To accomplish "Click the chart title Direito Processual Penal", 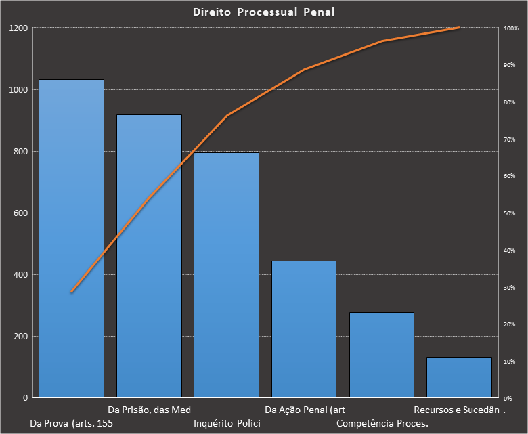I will click(263, 12).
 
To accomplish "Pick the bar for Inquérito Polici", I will click(226, 275).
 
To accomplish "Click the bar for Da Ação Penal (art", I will click(304, 329).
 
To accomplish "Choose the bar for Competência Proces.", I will click(381, 355).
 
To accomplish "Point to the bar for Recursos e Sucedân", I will click(459, 377).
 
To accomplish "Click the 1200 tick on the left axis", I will click(18, 28).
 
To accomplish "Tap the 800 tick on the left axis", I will click(21, 152).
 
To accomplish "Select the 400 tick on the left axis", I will click(21, 275).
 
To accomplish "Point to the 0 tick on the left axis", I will click(25, 398).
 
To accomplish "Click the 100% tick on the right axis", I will click(511, 28).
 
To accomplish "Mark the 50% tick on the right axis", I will click(510, 213).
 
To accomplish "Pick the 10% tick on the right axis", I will click(510, 362).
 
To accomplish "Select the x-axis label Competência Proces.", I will click(382, 424).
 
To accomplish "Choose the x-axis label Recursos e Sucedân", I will click(457, 410).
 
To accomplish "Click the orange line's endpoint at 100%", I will click(459, 28).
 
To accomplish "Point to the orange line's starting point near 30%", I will click(71, 292).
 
